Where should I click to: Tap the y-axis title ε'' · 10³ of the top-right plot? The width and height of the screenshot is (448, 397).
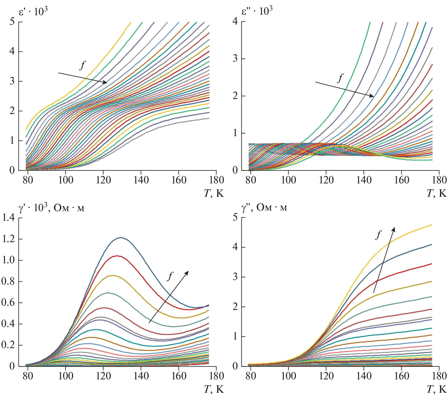tap(257, 11)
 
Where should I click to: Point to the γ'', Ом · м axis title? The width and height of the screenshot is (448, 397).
tap(264, 207)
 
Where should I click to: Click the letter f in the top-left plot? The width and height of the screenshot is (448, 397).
tap(83, 65)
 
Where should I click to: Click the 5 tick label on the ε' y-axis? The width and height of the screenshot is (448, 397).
tap(12, 21)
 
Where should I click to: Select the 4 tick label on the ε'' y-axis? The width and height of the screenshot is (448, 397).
tap(235, 21)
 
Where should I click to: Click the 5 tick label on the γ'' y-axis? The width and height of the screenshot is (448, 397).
tap(235, 217)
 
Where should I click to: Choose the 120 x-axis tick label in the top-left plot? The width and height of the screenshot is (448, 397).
tap(103, 180)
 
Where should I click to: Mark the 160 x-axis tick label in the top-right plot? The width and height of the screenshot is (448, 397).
tap(402, 180)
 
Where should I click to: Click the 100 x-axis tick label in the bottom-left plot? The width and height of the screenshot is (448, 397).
tap(66, 376)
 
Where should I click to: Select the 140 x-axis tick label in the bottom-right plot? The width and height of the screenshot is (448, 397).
tap(364, 376)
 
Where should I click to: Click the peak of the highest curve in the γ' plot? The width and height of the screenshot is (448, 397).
tap(121, 237)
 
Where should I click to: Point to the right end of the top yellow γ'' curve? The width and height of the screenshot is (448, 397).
tap(431, 225)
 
